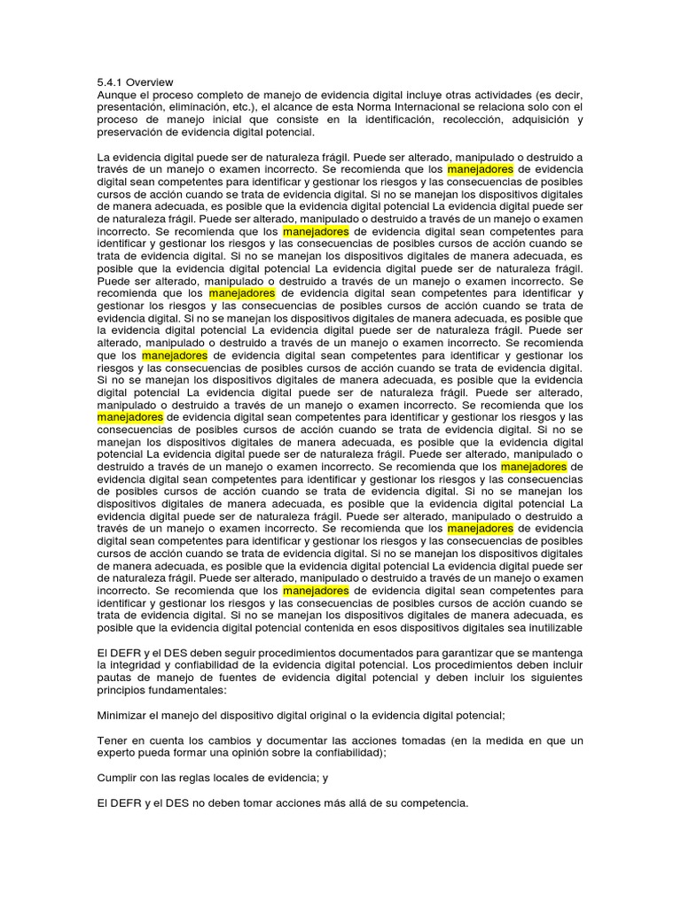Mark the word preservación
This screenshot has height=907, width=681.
[x=131, y=132]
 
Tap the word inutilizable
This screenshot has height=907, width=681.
[x=549, y=628]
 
